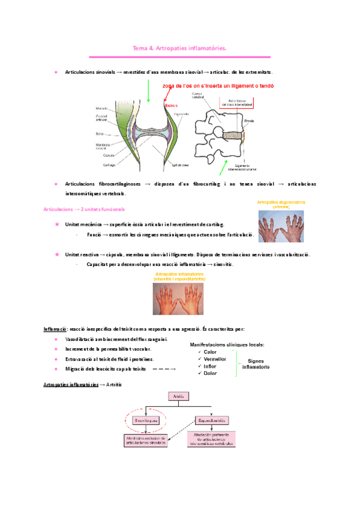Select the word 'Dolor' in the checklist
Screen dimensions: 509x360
point(210,373)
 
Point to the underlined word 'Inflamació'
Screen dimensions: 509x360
point(55,329)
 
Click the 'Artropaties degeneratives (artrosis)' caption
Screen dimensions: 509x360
point(280,204)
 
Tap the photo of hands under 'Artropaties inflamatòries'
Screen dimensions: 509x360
point(179,298)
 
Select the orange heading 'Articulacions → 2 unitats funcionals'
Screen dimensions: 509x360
point(85,209)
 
